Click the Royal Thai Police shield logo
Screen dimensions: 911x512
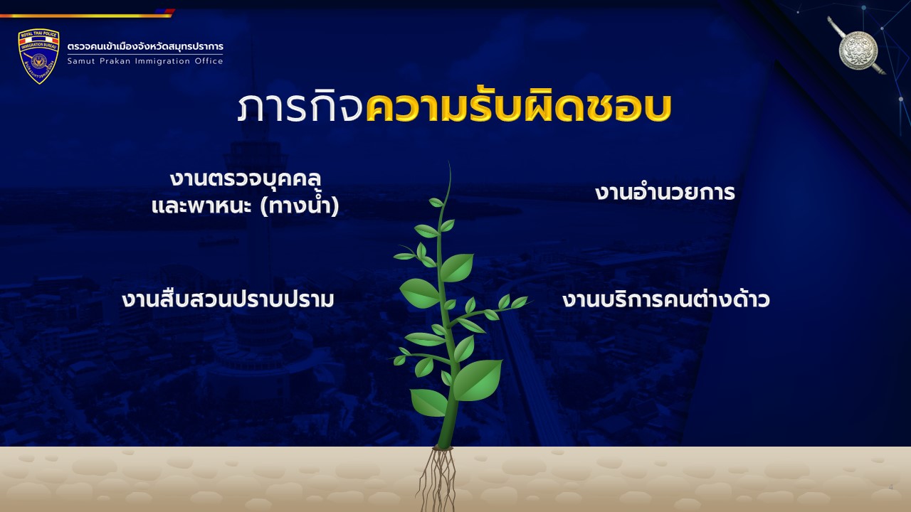(x=38, y=56)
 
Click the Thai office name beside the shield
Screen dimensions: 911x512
(x=145, y=47)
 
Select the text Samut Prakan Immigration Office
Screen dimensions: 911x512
(x=145, y=61)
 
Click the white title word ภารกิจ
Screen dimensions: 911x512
(x=300, y=107)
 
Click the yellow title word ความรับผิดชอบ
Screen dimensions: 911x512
(x=519, y=107)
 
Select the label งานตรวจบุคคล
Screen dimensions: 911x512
(x=246, y=179)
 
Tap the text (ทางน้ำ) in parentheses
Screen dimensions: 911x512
(x=300, y=206)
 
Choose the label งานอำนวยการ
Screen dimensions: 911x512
(x=665, y=192)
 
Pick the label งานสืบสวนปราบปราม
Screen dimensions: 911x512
(x=228, y=299)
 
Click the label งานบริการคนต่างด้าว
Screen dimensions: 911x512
(x=665, y=299)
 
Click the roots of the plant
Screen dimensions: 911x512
(x=437, y=479)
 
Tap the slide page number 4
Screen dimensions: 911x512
(x=890, y=487)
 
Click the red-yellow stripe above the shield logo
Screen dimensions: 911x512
(x=87, y=14)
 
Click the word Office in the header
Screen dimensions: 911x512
(x=209, y=61)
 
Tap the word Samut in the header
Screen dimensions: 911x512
(x=81, y=61)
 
